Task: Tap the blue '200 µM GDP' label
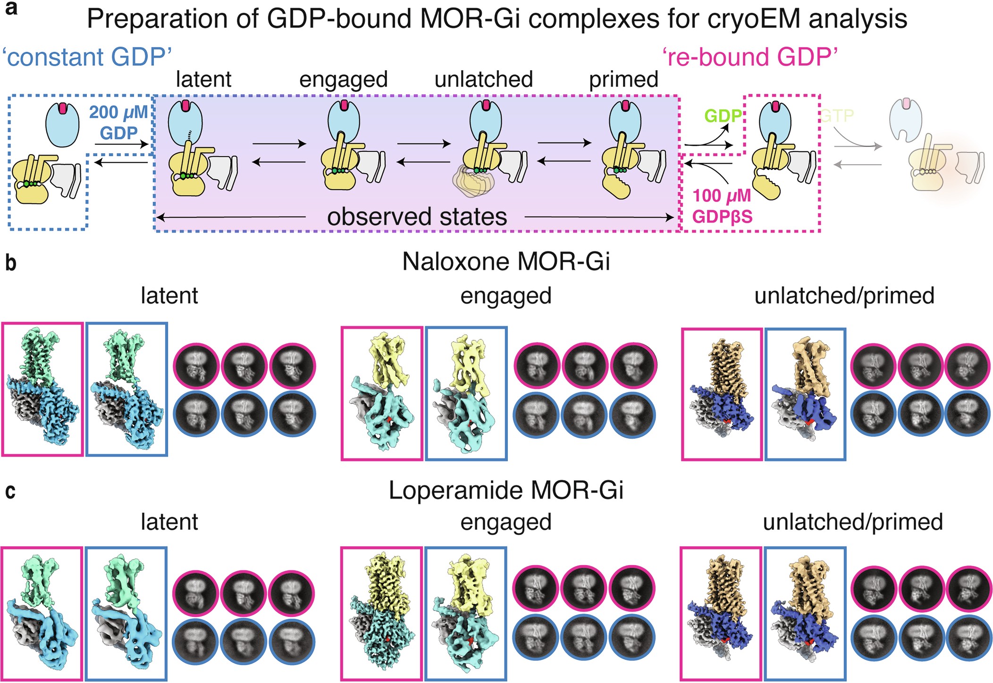click(x=119, y=123)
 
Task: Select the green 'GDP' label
click(x=723, y=116)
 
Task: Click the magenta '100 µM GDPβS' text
click(x=722, y=206)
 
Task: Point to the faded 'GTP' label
click(x=837, y=116)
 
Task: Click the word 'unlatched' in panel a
click(x=484, y=79)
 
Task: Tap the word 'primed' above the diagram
click(x=623, y=79)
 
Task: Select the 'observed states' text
click(x=417, y=217)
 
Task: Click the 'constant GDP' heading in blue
click(x=87, y=57)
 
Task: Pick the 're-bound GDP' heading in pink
click(x=750, y=57)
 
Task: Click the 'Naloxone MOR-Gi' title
click(x=505, y=261)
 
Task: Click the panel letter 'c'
click(x=10, y=491)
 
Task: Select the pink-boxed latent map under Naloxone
click(x=42, y=389)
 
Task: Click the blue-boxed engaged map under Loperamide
click(x=466, y=613)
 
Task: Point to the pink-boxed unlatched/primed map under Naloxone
click(x=722, y=393)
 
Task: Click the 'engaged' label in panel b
click(x=505, y=296)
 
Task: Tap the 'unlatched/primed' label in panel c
click(x=852, y=522)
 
